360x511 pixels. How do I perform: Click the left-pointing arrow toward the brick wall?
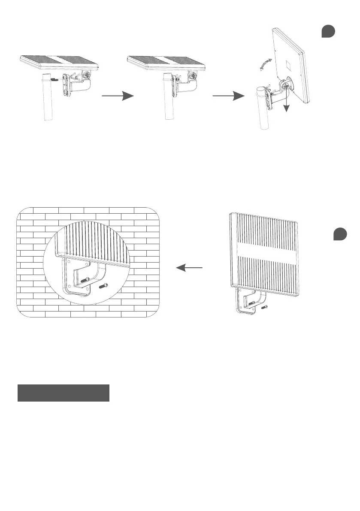point(189,268)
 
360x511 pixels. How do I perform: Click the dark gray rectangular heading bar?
point(64,393)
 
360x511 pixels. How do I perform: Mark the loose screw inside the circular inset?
point(103,286)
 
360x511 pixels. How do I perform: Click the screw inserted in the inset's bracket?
point(85,280)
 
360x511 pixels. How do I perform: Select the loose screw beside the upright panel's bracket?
point(265,306)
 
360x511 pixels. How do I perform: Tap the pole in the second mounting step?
point(168,103)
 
